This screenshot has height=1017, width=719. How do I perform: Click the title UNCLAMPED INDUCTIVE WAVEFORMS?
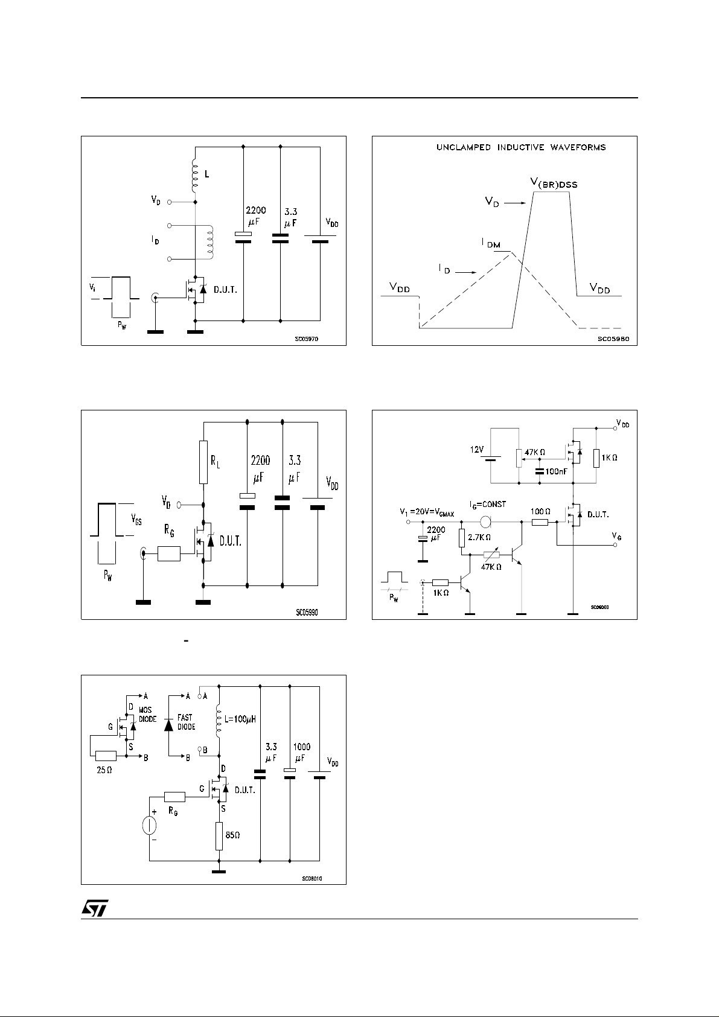521,147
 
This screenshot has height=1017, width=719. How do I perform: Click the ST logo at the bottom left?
95,910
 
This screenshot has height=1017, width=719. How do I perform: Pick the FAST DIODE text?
186,722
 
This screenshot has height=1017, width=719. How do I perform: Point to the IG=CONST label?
488,505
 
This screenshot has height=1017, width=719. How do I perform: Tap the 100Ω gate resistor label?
540,511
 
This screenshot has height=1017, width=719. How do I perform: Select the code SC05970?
306,339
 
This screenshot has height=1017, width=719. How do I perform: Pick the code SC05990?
307,612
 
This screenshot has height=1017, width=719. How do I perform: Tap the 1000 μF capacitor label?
301,753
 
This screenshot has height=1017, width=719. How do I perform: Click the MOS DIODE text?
147,715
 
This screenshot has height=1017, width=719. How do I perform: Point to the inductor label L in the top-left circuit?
207,173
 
